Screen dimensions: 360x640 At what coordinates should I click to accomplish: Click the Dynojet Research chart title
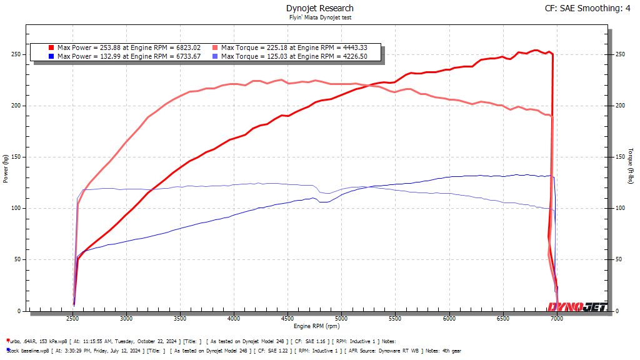[x=319, y=8]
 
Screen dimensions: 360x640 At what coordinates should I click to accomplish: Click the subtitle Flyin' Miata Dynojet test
[x=319, y=17]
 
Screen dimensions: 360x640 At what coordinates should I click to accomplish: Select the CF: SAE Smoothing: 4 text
[x=587, y=8]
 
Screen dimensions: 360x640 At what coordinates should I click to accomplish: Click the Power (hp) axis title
[x=6, y=169]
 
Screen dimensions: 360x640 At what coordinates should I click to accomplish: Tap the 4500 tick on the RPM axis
[x=287, y=319]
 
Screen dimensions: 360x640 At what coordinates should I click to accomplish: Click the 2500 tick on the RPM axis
[x=73, y=319]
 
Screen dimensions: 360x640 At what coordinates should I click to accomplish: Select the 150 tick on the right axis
[x=619, y=157]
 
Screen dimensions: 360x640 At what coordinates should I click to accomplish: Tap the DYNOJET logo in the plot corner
[x=576, y=306]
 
